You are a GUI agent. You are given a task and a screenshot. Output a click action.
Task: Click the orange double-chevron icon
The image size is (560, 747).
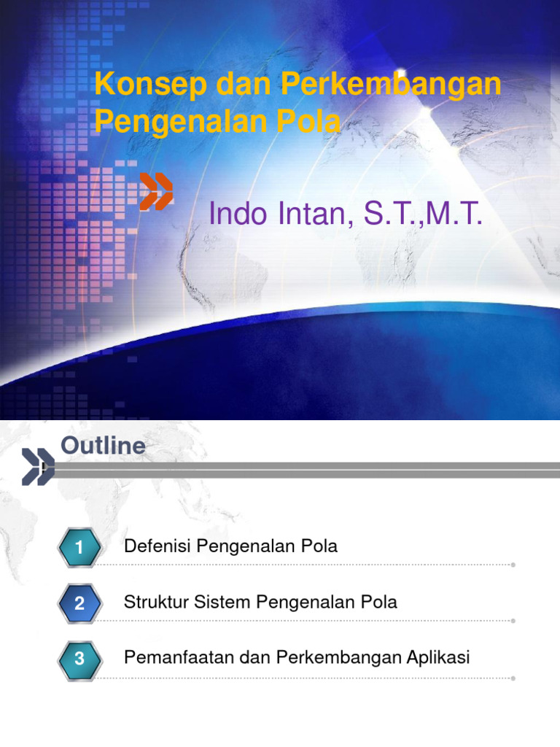156,192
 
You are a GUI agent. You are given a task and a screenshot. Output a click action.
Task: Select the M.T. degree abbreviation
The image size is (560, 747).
453,214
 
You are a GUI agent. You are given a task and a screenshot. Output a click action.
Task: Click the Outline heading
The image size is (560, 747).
103,446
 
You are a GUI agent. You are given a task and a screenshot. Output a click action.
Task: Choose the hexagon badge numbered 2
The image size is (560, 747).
79,603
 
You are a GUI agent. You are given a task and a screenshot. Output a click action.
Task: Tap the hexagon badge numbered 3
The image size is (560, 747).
79,659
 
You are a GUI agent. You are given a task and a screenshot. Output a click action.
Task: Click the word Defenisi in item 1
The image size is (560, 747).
155,546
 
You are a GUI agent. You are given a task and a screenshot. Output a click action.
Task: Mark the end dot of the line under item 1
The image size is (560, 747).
514,565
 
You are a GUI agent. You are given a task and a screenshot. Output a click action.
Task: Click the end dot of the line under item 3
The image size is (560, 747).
514,678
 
